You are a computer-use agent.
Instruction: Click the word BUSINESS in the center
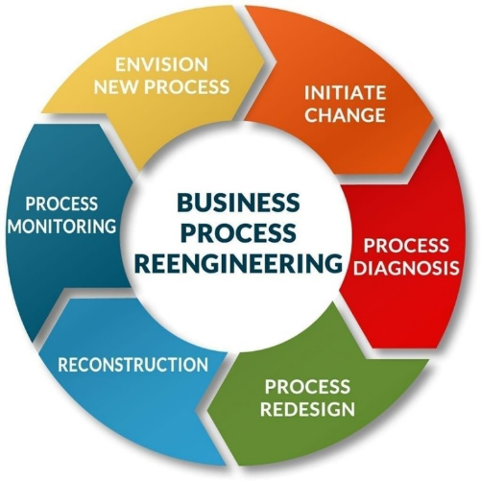coord(238,203)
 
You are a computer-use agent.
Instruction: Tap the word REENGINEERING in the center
coord(238,263)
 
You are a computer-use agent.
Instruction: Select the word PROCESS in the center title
coord(239,232)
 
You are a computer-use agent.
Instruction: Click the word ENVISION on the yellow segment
coord(161,64)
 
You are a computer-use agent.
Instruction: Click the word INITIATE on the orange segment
coord(345,93)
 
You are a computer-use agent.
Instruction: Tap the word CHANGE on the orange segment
coord(345,115)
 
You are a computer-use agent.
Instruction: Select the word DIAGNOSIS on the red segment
coord(407,268)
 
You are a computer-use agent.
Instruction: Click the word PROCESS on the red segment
coord(406,246)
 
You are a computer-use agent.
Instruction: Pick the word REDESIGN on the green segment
coord(307,409)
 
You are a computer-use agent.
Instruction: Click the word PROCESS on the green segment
coord(307,386)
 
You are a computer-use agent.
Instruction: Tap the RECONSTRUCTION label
coord(133,365)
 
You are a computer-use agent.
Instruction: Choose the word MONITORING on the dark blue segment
coord(62,226)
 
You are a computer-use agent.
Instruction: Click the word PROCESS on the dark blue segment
coord(61,204)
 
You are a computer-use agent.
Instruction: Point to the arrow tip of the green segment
coord(208,410)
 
